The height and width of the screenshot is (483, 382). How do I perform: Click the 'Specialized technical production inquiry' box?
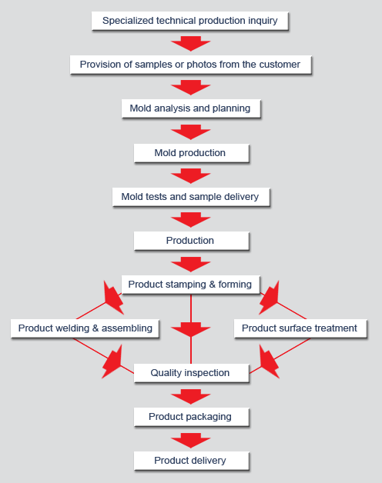tap(189, 21)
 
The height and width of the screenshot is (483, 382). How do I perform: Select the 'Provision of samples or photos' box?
tap(191, 65)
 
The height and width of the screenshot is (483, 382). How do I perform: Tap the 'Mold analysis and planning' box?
tap(191, 108)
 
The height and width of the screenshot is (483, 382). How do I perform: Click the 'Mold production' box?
tap(191, 153)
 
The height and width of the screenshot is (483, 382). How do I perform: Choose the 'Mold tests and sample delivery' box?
tap(191, 197)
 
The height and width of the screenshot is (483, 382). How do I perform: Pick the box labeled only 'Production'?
tap(191, 241)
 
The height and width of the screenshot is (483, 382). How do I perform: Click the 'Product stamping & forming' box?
tap(191, 285)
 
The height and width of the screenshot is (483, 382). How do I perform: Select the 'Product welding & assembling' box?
tap(85, 328)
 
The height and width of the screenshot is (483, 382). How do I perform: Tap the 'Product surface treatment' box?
tap(300, 328)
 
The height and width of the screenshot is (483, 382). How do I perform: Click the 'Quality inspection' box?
tap(191, 373)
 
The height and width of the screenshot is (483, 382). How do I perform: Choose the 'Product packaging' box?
tap(191, 417)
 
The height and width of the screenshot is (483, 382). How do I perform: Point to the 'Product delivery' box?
tap(191, 461)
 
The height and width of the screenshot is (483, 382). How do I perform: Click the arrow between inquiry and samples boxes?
tap(191, 43)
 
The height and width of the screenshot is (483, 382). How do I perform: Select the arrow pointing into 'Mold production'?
tap(191, 132)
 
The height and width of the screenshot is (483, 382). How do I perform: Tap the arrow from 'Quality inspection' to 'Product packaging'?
tap(191, 396)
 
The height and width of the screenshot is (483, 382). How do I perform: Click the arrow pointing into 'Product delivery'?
tap(191, 441)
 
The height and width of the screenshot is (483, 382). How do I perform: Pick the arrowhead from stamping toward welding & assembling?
tap(113, 298)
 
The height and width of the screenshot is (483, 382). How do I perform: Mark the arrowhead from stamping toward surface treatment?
tap(269, 298)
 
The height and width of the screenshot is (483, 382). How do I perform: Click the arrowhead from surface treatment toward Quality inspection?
tap(269, 361)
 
